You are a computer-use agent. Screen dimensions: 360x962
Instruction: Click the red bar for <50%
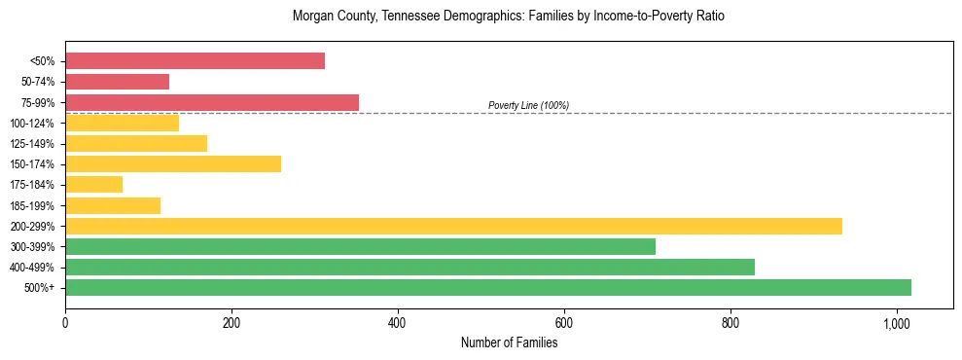[195, 61]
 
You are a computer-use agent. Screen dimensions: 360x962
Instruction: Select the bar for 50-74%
[117, 82]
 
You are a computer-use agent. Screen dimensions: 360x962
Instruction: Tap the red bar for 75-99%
[212, 102]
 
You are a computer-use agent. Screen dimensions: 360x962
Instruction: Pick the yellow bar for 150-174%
[173, 164]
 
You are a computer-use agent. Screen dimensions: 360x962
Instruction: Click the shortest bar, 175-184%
[94, 185]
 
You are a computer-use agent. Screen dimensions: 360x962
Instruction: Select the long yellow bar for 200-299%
[453, 226]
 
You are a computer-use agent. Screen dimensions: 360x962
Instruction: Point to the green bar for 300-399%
[360, 246]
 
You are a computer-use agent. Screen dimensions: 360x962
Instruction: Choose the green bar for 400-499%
[410, 267]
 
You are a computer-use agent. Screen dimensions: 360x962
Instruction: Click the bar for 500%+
[488, 287]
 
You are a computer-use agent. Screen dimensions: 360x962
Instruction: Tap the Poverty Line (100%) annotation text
[528, 105]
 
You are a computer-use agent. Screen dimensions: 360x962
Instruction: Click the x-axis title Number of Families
[509, 342]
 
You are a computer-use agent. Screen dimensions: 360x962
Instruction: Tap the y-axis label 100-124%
[32, 124]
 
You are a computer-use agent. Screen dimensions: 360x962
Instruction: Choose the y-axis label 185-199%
[32, 205]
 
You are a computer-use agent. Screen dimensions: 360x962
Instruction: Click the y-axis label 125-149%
[32, 144]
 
